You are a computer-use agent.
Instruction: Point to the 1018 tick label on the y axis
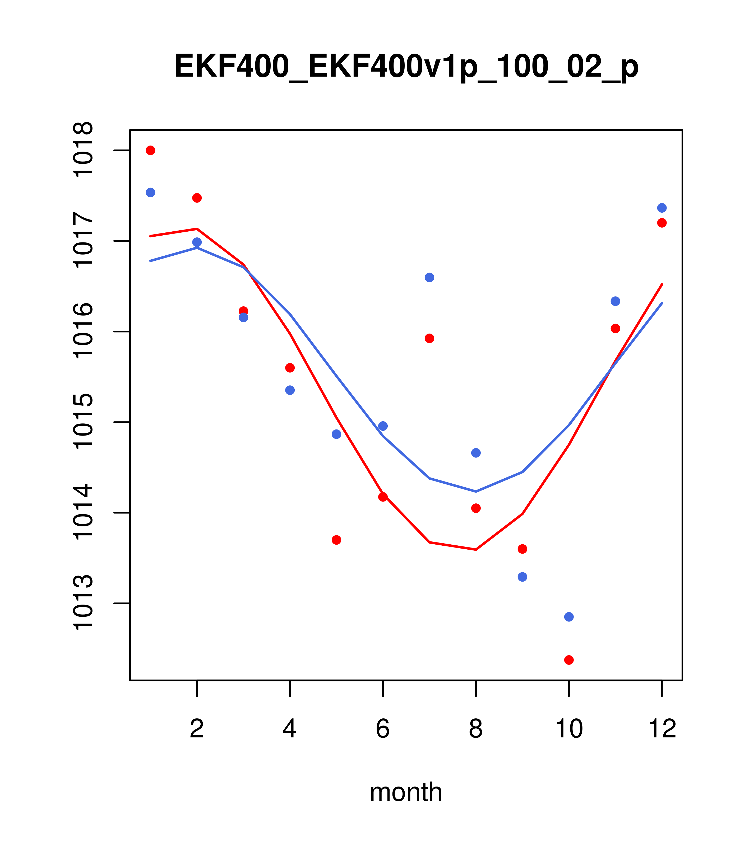pos(83,150)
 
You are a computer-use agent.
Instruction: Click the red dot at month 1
pos(150,150)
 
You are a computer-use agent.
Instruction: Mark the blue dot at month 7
pos(429,277)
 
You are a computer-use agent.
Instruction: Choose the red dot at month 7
pos(429,338)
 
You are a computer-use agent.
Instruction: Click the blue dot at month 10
pos(569,617)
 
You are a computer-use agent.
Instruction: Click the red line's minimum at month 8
pos(476,550)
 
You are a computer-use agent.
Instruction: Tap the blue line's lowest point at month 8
pos(476,492)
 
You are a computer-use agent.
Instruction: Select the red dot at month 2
pos(197,198)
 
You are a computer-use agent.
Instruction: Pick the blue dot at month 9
pos(522,577)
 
